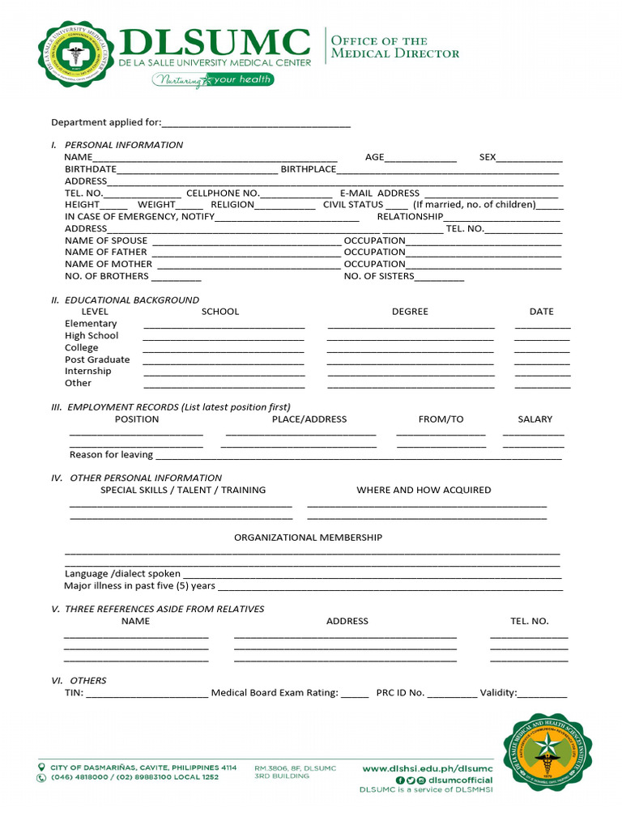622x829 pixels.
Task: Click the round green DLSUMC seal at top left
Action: pos(75,55)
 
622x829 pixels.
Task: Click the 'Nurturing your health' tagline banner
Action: pos(213,80)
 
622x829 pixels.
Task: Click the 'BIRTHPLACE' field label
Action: pos(308,169)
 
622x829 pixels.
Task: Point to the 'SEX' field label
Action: pos(488,157)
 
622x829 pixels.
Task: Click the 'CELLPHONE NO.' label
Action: pos(223,193)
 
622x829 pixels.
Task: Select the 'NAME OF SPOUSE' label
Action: pos(106,240)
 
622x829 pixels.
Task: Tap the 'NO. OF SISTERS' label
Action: pos(378,276)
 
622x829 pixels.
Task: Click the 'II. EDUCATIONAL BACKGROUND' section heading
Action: pos(125,300)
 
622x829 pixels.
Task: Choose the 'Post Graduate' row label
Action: pos(97,359)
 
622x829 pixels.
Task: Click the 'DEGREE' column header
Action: pos(410,312)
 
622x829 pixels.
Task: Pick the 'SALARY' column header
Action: pos(535,419)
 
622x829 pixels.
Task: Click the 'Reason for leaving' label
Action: pos(111,455)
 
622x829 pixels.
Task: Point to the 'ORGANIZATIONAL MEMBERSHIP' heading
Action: pos(308,538)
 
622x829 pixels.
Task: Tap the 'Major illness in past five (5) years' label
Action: pos(139,585)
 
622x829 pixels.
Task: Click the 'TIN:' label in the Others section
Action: pos(74,693)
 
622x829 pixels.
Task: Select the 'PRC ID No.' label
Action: pos(400,693)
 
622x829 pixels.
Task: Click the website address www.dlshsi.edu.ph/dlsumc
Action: pos(427,768)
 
